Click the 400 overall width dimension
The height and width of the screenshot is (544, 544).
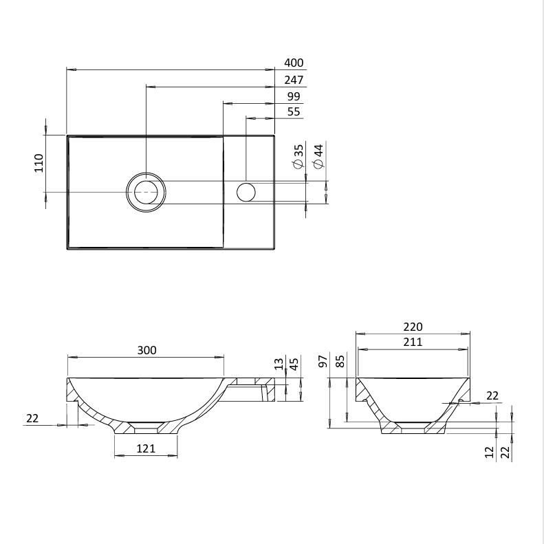pyautogui.click(x=294, y=63)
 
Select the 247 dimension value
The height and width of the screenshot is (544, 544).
pyautogui.click(x=294, y=80)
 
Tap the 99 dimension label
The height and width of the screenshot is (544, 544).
pyautogui.click(x=294, y=96)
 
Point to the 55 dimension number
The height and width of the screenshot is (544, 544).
pyautogui.click(x=294, y=111)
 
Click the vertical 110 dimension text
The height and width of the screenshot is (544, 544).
pyautogui.click(x=39, y=162)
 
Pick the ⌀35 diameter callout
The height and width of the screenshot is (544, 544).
pyautogui.click(x=298, y=157)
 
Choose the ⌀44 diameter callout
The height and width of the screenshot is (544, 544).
pyautogui.click(x=318, y=157)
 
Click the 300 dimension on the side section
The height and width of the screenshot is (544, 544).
pyautogui.click(x=146, y=350)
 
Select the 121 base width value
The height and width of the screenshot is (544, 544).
pyautogui.click(x=146, y=449)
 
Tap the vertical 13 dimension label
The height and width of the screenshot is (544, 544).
pyautogui.click(x=279, y=364)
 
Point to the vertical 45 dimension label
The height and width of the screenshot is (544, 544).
pyautogui.click(x=294, y=364)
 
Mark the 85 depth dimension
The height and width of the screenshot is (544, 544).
pyautogui.click(x=340, y=362)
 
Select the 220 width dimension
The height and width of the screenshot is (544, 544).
pyautogui.click(x=413, y=327)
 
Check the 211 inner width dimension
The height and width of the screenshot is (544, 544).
pyautogui.click(x=413, y=342)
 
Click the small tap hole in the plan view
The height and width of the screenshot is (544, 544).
pyautogui.click(x=246, y=192)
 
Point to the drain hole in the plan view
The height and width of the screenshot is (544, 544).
pyautogui.click(x=146, y=192)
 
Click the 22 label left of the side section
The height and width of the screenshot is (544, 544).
pyautogui.click(x=32, y=418)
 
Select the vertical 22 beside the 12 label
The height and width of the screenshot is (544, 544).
pyautogui.click(x=506, y=453)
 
